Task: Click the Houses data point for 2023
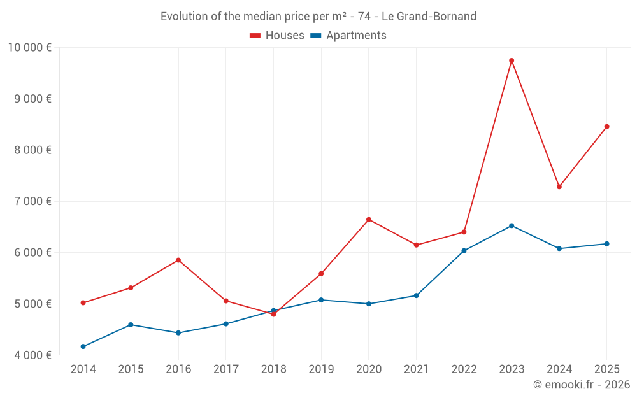pyautogui.click(x=512, y=60)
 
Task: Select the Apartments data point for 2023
pyautogui.click(x=512, y=225)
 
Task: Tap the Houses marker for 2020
pyautogui.click(x=369, y=220)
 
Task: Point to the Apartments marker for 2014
pyautogui.click(x=83, y=346)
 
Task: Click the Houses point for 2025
pyautogui.click(x=606, y=127)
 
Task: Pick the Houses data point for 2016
pyautogui.click(x=178, y=260)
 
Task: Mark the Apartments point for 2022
pyautogui.click(x=464, y=251)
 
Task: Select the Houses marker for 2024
pyautogui.click(x=559, y=187)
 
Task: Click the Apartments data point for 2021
pyautogui.click(x=417, y=295)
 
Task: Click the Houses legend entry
pyautogui.click(x=277, y=36)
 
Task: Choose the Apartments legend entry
pyautogui.click(x=348, y=36)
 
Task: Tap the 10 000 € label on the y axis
pyautogui.click(x=30, y=48)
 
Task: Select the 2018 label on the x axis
pyautogui.click(x=273, y=369)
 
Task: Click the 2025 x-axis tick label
pyautogui.click(x=606, y=369)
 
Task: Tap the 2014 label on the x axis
pyautogui.click(x=83, y=369)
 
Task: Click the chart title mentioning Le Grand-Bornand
pyautogui.click(x=318, y=17)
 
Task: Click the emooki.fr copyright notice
pyautogui.click(x=582, y=385)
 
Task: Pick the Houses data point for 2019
pyautogui.click(x=321, y=274)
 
